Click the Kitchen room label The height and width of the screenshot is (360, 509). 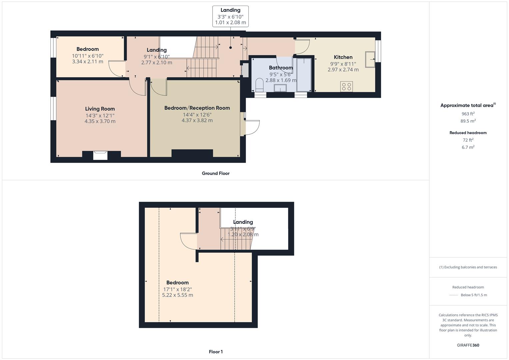click(343, 57)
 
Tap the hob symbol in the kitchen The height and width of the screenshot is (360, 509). click(347, 87)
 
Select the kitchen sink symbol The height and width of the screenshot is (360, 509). click(370, 60)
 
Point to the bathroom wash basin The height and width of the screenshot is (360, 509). click(280, 88)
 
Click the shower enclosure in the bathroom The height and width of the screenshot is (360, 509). click(304, 75)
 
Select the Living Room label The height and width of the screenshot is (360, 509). click(100, 109)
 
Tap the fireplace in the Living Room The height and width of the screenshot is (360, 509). click(100, 155)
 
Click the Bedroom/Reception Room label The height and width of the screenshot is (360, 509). click(197, 108)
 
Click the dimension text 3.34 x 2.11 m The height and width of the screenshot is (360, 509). click(88, 62)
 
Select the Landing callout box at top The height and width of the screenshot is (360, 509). click(230, 16)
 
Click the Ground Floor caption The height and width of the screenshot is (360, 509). click(216, 173)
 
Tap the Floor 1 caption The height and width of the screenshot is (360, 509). click(216, 352)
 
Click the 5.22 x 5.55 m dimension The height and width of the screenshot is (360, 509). click(177, 295)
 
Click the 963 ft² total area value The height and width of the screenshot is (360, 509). click(468, 113)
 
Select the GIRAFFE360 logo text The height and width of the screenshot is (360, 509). click(468, 345)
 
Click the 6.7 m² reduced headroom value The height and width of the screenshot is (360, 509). click(468, 147)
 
